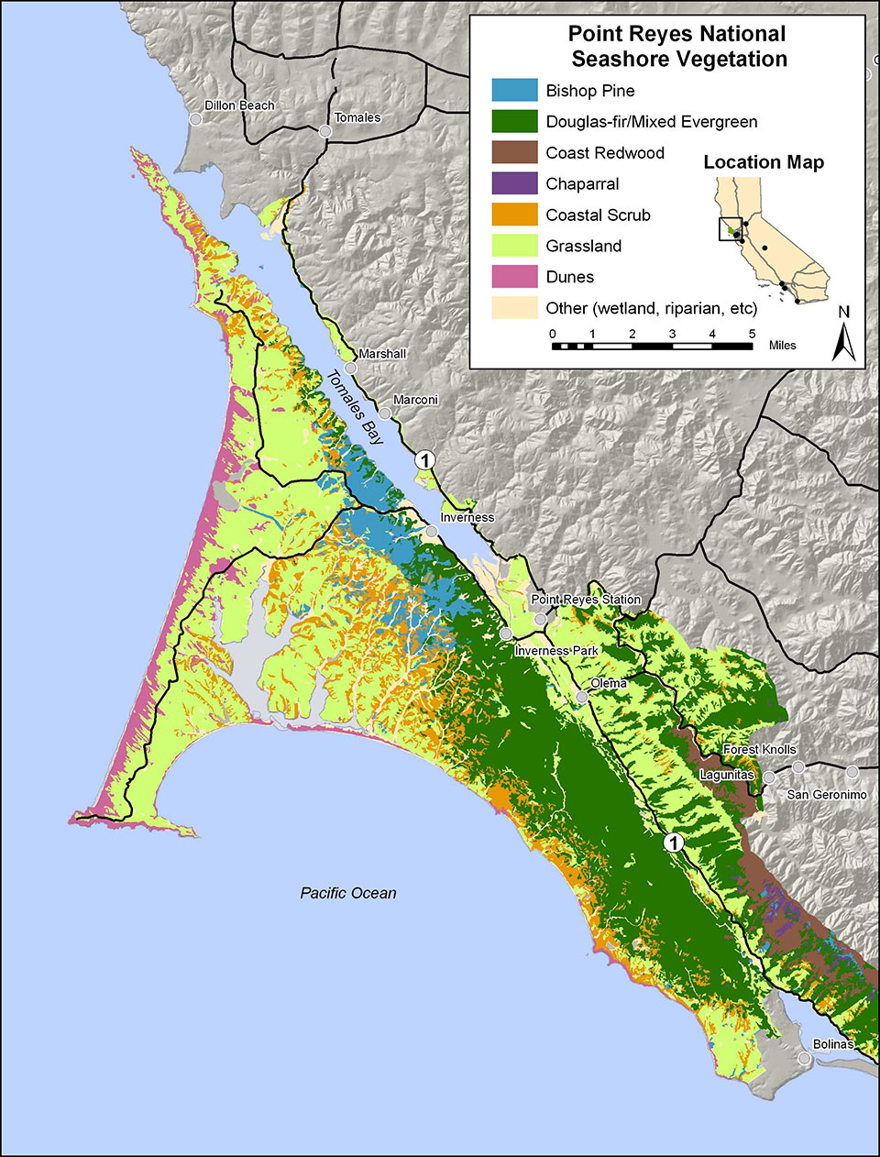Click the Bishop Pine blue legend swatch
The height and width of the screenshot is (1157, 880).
pos(514,91)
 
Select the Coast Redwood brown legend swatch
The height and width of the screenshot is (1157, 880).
pos(514,153)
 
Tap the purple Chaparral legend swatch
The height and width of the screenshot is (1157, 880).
pos(514,183)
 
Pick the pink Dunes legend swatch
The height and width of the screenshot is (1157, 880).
pos(514,277)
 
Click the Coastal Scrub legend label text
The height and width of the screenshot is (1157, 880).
pos(598,215)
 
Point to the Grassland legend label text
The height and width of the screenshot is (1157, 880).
pos(583,247)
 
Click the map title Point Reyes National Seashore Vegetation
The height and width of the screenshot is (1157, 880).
pos(676,47)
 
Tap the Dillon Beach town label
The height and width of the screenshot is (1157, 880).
pos(239,105)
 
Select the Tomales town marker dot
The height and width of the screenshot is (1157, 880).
pos(324,132)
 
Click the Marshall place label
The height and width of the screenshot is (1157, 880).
pos(382,354)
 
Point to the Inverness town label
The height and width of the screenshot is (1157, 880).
pos(467,517)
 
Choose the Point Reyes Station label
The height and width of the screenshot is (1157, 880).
pos(587,600)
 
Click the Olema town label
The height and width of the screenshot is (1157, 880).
pos(609,684)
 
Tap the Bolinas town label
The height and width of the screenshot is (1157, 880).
pos(832,1044)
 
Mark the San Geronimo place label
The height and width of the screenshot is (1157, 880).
pos(826,795)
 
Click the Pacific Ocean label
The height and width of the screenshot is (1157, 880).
pos(348,893)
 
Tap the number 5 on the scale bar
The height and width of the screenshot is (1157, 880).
pos(752,334)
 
